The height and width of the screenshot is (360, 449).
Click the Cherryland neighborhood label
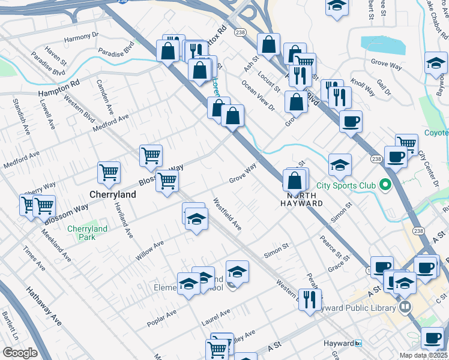pos(112,195)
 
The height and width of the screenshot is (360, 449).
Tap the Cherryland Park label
pos(87,233)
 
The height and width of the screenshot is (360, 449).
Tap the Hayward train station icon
pos(358,343)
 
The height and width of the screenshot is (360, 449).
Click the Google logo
pos(19,353)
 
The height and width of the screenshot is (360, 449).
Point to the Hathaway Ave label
pos(43,306)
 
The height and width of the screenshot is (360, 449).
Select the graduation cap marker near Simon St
pos(340,164)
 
